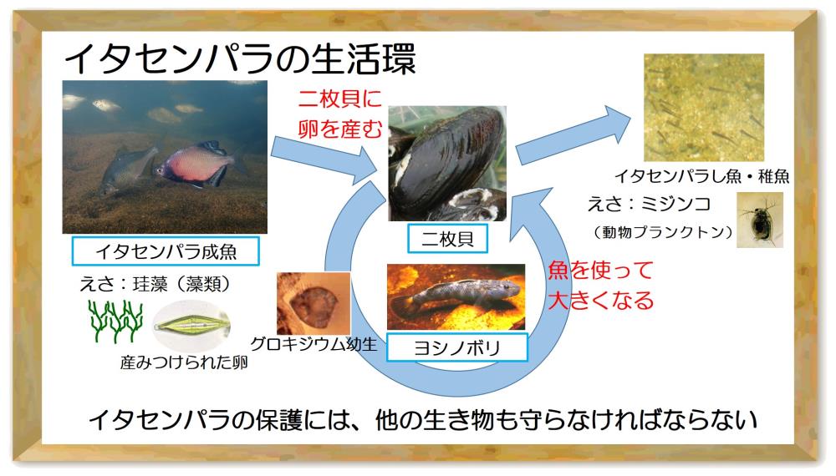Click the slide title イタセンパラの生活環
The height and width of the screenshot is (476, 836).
[240, 58]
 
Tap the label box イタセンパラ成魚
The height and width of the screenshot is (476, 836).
[166, 251]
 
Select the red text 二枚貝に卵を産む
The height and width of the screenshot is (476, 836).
[340, 114]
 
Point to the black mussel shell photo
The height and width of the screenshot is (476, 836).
[447, 164]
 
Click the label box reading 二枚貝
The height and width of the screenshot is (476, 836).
[447, 239]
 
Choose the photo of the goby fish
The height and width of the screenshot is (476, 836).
[456, 297]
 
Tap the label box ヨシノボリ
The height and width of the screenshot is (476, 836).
[457, 347]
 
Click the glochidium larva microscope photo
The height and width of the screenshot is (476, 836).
[313, 303]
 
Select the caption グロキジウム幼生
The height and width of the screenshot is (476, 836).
[313, 345]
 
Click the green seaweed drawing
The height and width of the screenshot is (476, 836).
[115, 321]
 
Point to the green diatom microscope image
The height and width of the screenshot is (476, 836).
[191, 324]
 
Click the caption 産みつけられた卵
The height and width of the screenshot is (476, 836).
[184, 362]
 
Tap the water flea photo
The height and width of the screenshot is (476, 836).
[760, 220]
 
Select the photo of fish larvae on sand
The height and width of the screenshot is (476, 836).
[704, 107]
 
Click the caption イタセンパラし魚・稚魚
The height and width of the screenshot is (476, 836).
[702, 175]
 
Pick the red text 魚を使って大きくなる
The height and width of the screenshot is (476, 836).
[601, 285]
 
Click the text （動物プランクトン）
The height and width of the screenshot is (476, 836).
[662, 232]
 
